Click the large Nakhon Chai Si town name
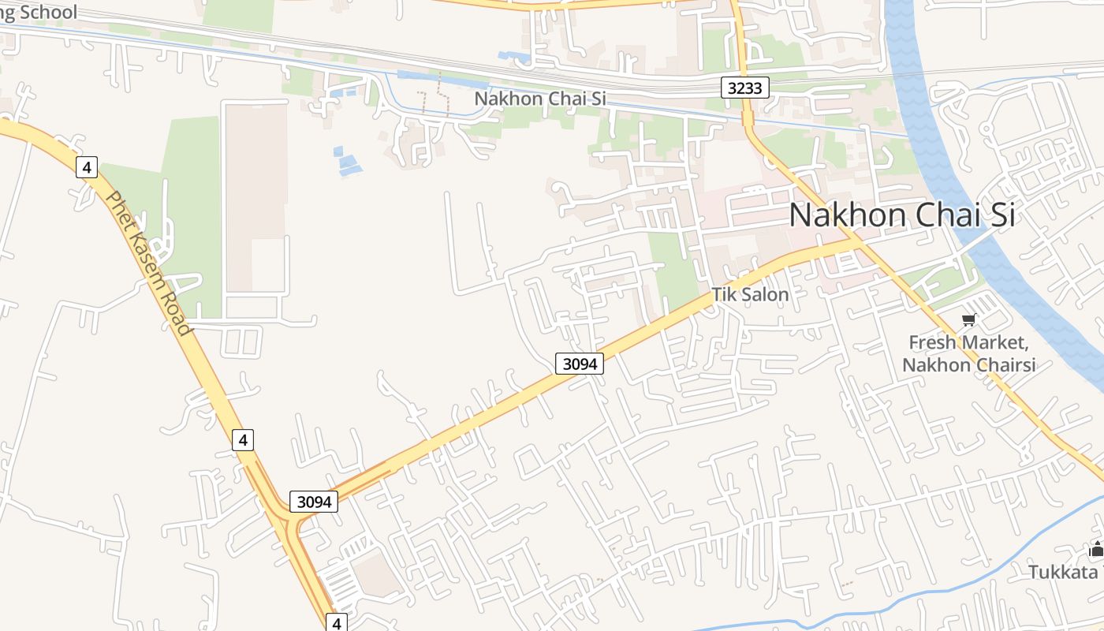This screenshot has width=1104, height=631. [902, 215]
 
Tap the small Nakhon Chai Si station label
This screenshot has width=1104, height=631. [539, 99]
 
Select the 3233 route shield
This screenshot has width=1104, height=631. [744, 88]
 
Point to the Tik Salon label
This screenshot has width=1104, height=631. [750, 295]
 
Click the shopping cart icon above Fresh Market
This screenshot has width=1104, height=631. [968, 319]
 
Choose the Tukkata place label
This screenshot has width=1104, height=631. [1062, 572]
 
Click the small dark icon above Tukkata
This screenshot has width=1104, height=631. [1096, 550]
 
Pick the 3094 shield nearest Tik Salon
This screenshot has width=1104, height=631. [579, 363]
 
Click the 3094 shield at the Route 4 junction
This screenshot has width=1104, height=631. [314, 501]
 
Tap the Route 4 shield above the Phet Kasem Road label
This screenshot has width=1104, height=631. [87, 167]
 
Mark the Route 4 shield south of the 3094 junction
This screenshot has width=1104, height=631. [337, 622]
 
